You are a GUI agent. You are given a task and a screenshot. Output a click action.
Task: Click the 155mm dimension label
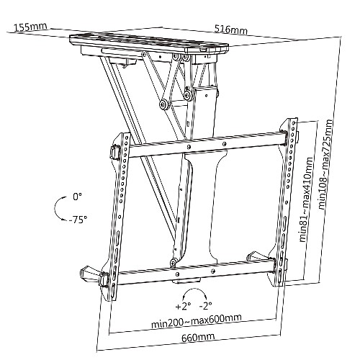[x=30, y=27]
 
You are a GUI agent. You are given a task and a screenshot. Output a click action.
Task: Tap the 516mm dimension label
[x=230, y=30]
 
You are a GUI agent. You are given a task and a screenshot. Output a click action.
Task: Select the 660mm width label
[x=198, y=338]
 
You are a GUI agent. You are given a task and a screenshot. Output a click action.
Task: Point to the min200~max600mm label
[x=197, y=321]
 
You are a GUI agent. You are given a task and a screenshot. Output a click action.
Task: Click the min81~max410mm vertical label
[x=307, y=199]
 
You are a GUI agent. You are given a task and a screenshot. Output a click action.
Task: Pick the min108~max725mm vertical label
[x=325, y=165]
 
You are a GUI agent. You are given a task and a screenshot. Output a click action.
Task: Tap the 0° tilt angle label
[x=77, y=197]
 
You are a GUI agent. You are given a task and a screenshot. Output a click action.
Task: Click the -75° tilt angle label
[x=78, y=220]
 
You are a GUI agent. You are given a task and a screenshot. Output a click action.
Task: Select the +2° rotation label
[x=183, y=306]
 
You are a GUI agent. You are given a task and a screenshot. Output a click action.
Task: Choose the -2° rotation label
[x=206, y=305]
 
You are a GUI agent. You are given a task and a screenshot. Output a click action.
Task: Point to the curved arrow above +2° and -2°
[x=194, y=289]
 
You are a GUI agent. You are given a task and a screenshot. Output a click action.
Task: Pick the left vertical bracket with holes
[x=119, y=211]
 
